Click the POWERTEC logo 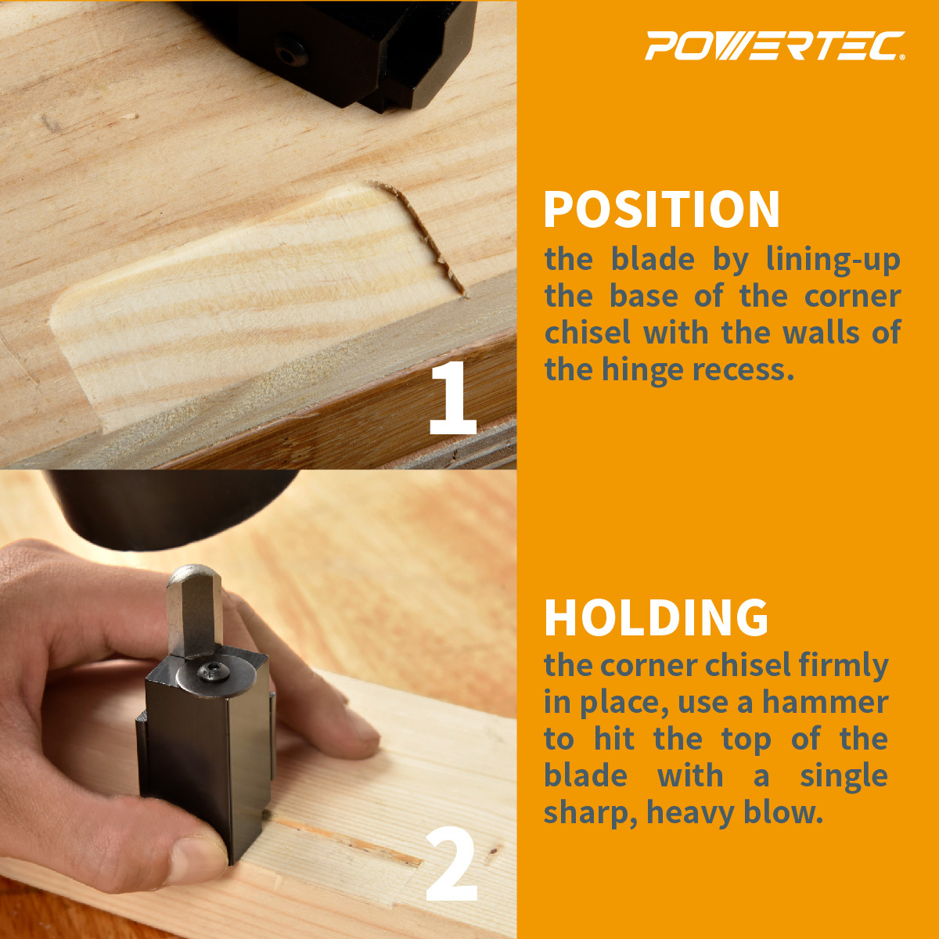click(774, 46)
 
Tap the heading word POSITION click(662, 210)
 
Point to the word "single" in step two click(844, 776)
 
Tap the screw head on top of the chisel click(210, 671)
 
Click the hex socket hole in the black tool click(289, 52)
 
